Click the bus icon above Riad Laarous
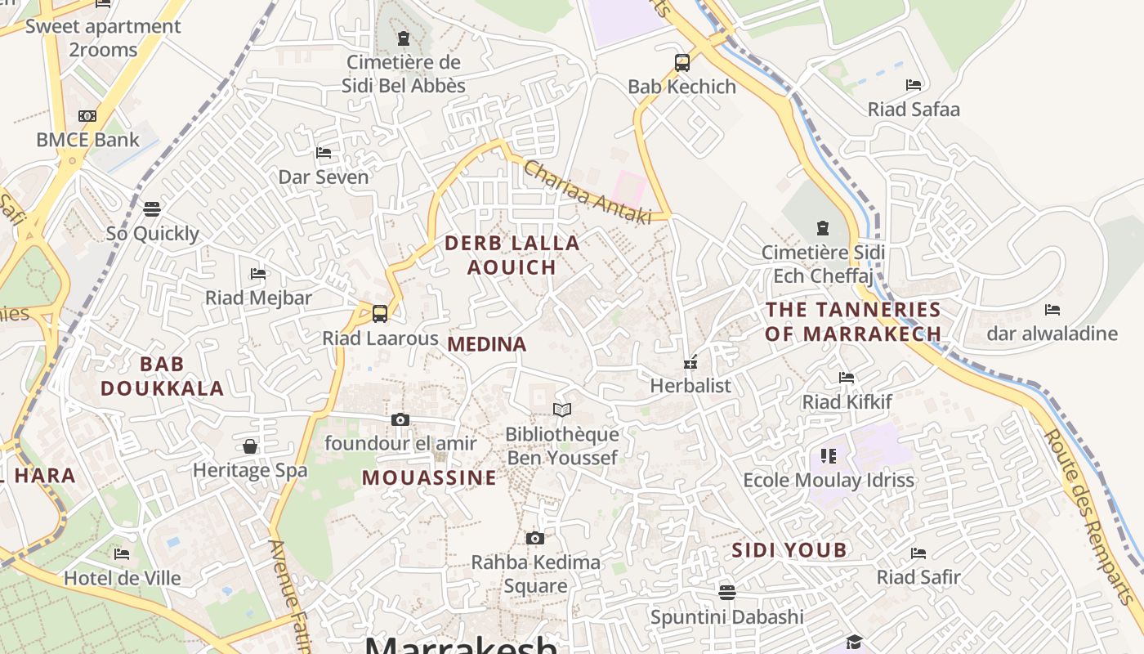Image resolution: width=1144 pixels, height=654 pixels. point(379,313)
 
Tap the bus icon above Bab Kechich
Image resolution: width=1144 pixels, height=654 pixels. point(681,62)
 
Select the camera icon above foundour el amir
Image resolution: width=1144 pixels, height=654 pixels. point(400,419)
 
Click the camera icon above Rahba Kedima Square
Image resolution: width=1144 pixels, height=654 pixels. point(534,538)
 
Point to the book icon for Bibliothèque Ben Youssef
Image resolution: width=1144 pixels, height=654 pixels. point(561,410)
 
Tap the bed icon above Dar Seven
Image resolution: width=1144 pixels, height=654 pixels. point(324,152)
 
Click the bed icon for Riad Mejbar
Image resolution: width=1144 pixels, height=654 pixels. point(258,273)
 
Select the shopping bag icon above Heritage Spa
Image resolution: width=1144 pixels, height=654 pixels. point(250,446)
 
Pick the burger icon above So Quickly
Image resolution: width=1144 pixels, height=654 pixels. point(152,209)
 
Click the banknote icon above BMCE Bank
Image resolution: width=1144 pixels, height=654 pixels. point(87,116)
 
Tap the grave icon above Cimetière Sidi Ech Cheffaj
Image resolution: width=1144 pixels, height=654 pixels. point(822,228)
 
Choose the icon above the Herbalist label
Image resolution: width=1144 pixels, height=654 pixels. point(690,361)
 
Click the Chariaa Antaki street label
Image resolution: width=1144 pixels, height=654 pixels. point(587,193)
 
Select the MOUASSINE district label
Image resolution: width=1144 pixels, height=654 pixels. point(429,477)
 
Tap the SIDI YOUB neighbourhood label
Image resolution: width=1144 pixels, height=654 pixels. point(789,549)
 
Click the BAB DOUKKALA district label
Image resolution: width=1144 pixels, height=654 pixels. point(162,375)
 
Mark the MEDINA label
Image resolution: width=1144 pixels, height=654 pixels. point(487,344)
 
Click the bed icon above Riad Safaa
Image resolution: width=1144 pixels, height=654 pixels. point(913,85)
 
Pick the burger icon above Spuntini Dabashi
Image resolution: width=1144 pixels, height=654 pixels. point(726,592)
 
